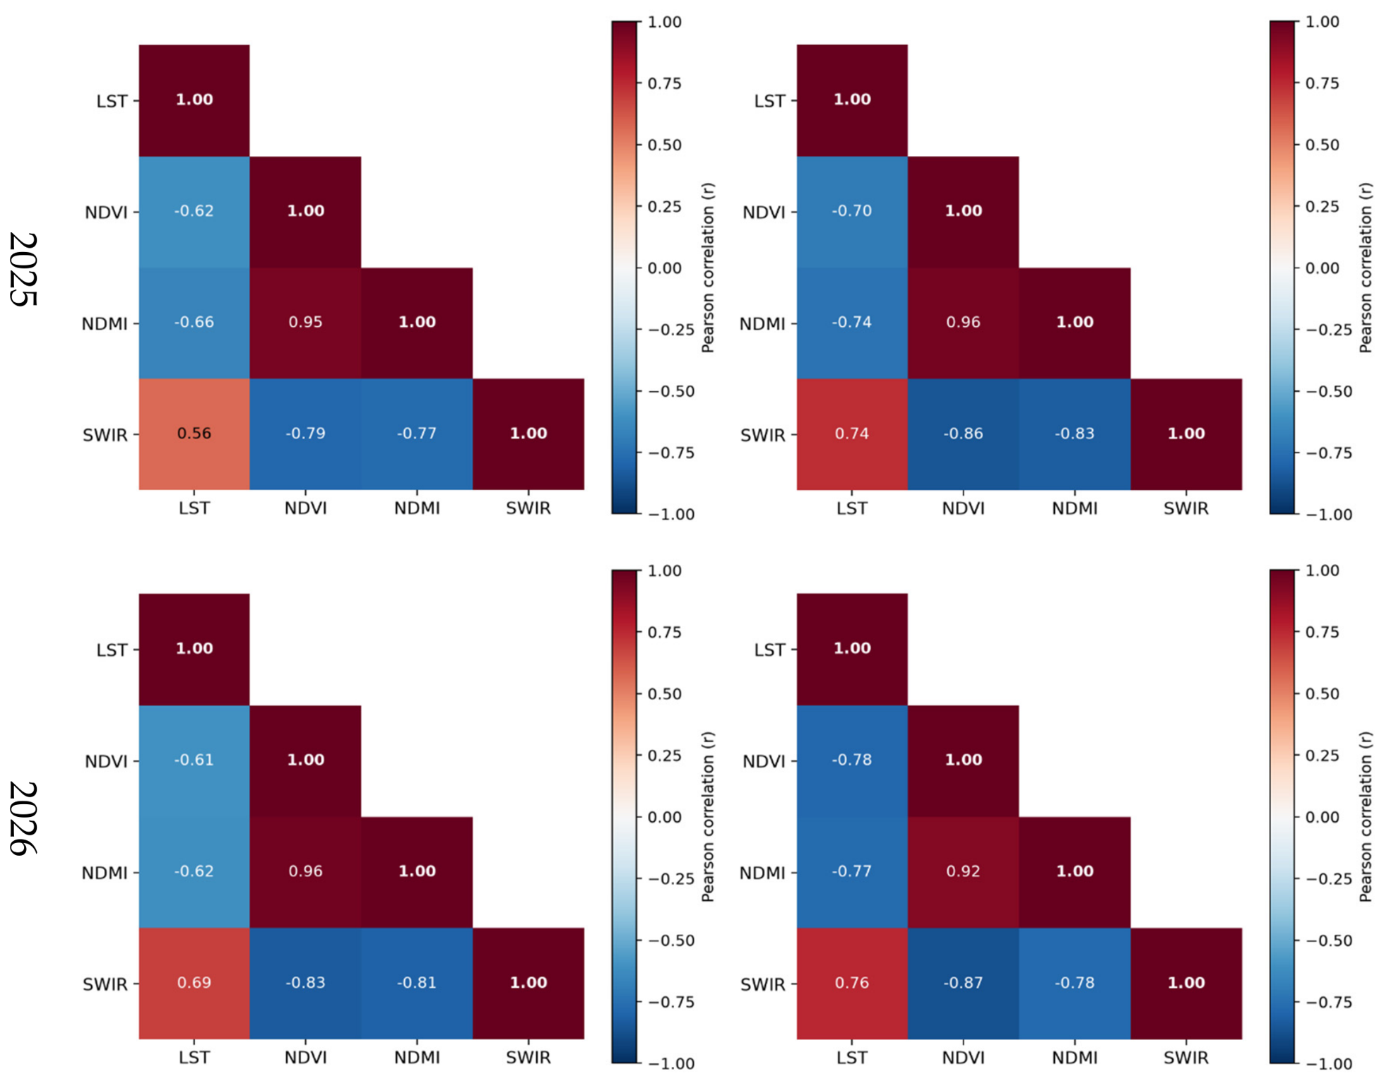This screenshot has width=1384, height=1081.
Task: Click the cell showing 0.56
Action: (194, 434)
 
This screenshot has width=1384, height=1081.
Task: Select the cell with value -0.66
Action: (194, 323)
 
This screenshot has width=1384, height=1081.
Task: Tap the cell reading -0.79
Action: (305, 434)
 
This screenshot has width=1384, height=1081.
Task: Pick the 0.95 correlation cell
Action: (305, 323)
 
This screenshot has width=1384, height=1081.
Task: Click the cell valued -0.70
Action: (852, 212)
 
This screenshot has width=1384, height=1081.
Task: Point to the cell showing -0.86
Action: (964, 434)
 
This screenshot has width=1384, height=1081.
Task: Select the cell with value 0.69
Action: (194, 984)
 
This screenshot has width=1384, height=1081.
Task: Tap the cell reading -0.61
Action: (194, 761)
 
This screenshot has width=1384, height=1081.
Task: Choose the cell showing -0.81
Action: (417, 984)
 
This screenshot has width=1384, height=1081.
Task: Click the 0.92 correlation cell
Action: (964, 872)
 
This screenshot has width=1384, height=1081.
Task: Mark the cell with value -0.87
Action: (964, 984)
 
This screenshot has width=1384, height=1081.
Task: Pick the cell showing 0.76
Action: (852, 984)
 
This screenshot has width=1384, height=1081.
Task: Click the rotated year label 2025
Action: (23, 269)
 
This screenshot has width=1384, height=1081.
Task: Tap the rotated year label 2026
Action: (23, 818)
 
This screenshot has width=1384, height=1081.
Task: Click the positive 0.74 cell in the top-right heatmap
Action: (852, 434)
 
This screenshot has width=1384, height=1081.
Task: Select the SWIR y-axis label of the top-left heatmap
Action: (105, 435)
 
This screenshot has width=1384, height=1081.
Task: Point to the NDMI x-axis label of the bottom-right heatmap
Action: (1075, 1058)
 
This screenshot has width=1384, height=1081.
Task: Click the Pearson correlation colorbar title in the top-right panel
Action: (1365, 268)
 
